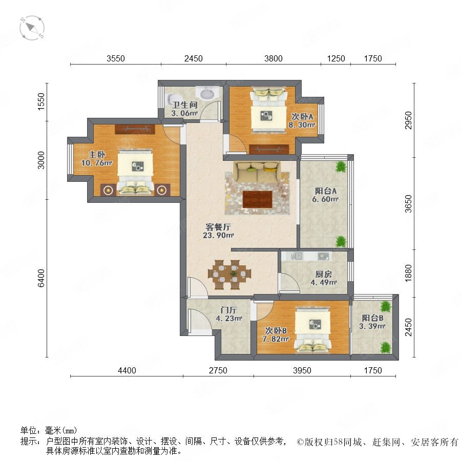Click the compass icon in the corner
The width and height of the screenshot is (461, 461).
(x=32, y=28)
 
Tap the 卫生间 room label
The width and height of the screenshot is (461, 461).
(x=184, y=105)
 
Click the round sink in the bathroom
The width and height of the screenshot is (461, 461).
(x=208, y=94)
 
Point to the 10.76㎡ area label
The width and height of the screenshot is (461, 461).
(x=97, y=163)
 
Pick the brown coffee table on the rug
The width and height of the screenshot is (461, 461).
(x=258, y=199)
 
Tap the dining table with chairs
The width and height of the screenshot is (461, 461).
(x=229, y=275)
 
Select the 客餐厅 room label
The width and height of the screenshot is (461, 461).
(x=218, y=227)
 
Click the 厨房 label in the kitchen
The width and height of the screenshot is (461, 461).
(x=323, y=275)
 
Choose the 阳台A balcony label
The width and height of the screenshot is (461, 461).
(x=325, y=191)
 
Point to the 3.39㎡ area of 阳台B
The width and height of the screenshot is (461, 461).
(x=372, y=326)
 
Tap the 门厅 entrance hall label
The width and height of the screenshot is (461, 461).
(x=229, y=310)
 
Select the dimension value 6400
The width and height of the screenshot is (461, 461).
(x=41, y=278)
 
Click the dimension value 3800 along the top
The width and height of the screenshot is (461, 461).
(x=274, y=58)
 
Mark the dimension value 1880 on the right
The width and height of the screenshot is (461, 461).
(x=408, y=273)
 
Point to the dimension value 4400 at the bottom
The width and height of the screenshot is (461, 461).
(x=127, y=370)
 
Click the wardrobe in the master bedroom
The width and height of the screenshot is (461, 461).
(x=135, y=129)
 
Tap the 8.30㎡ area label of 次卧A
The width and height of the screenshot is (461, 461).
(x=302, y=125)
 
